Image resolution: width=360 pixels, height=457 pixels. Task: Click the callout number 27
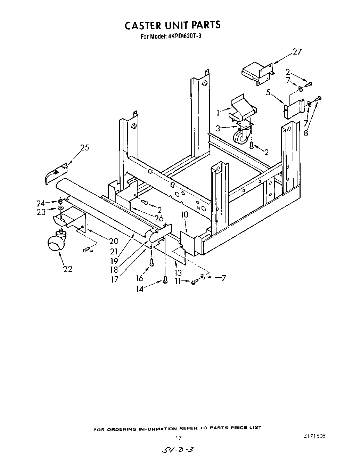[297, 52]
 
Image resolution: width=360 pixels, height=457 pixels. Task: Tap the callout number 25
[84, 147]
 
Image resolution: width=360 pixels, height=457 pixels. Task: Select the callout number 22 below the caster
[68, 269]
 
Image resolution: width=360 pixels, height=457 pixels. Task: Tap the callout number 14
[139, 288]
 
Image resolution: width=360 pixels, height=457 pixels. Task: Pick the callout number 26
[159, 219]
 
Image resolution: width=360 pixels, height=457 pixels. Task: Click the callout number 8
[306, 133]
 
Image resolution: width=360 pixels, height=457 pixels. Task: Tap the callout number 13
[178, 273]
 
